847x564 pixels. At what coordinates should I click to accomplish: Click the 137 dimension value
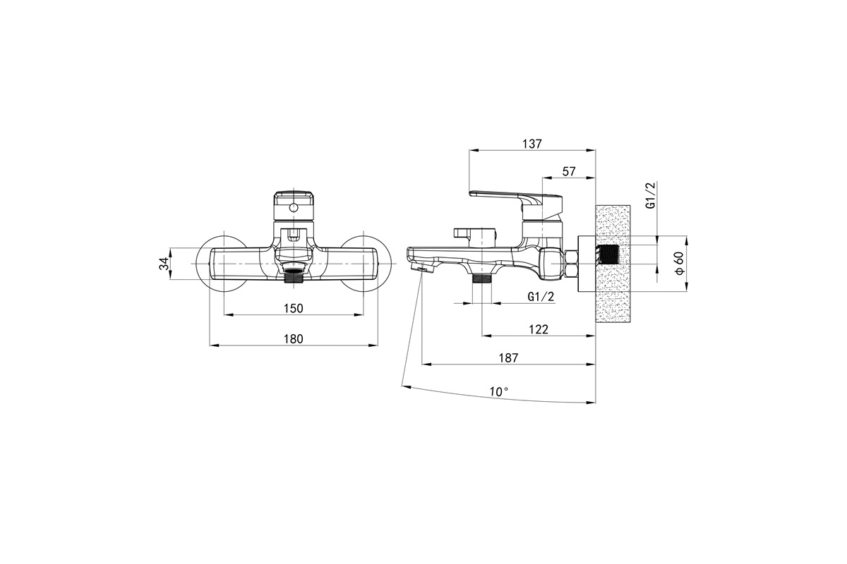532,144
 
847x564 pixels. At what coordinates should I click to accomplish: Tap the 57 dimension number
569,171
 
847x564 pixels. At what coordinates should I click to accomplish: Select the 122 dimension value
539,329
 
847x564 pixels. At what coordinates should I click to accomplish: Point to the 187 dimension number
508,357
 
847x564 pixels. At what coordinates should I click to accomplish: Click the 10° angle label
499,392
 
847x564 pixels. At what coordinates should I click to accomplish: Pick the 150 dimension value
294,309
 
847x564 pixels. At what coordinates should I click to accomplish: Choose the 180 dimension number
294,339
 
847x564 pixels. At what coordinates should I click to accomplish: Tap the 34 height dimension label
164,264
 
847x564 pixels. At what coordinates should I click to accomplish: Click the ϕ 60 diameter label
680,263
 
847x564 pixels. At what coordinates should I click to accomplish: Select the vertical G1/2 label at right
650,195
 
